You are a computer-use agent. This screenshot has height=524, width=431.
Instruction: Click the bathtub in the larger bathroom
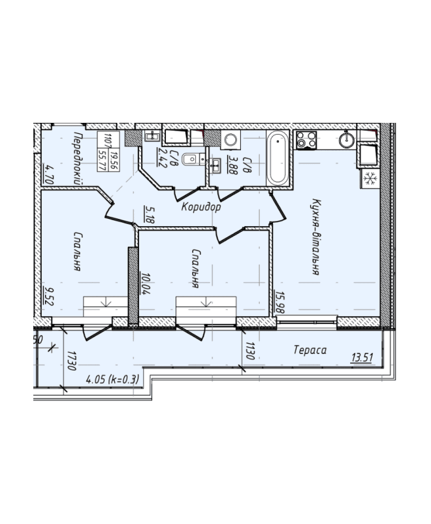pyautogui.click(x=278, y=157)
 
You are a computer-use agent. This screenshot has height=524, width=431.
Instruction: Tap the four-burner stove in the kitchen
pyautogui.click(x=306, y=140)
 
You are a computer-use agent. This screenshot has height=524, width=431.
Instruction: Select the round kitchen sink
pyautogui.click(x=347, y=140)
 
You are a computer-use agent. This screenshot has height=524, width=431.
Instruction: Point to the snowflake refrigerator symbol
pyautogui.click(x=370, y=178)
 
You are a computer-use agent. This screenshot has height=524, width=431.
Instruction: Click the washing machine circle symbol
pyautogui.click(x=231, y=140)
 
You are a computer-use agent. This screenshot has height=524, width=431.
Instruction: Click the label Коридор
pyautogui.click(x=201, y=207)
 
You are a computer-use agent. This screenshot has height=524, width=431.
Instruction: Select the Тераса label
pyautogui.click(x=310, y=350)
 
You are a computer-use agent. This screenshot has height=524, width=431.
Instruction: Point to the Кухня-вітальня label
pyautogui.click(x=315, y=237)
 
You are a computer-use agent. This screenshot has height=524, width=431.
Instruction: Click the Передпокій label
pyautogui.click(x=78, y=157)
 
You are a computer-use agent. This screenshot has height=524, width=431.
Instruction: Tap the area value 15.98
pyautogui.click(x=279, y=301)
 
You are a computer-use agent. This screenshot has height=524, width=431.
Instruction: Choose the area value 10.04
pyautogui.click(x=146, y=283)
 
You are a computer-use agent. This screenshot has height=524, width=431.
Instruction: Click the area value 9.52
pyautogui.click(x=49, y=296)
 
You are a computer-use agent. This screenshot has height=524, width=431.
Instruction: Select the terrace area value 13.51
pyautogui.click(x=362, y=357)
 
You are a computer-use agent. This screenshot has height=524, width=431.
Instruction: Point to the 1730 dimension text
pyautogui.click(x=71, y=361)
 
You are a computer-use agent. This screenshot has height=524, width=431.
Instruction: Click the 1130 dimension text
pyautogui.click(x=250, y=351)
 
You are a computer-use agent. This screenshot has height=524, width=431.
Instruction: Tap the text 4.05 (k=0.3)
pyautogui.click(x=112, y=380)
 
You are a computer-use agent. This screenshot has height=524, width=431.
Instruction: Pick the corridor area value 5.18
pyautogui.click(x=150, y=214)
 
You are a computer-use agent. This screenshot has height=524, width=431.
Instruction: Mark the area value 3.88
pyautogui.click(x=232, y=165)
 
